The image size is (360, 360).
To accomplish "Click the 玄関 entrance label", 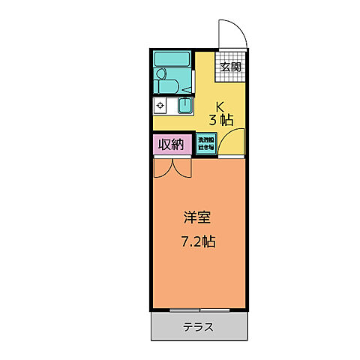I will point(231,66).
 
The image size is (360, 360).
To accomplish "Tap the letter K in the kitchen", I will point(220,106).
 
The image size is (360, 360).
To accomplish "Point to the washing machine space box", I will point(206,144).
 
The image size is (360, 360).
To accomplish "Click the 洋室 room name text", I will point(198,219).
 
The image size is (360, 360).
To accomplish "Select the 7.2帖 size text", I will point(198,241).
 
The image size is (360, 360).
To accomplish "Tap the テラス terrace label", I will point(199,326).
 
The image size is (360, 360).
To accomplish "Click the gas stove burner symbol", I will point(161,106).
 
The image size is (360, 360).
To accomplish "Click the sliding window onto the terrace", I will point(199,309).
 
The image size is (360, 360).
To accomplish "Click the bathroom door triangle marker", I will point(187,89).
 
